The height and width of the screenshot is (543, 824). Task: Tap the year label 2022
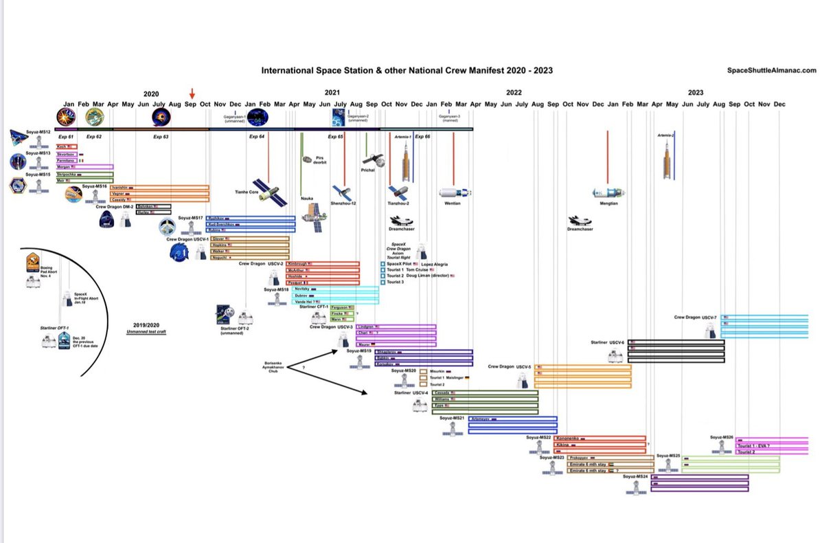(514, 92)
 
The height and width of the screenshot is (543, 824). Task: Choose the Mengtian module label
(608, 203)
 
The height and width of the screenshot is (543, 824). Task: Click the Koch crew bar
(67, 146)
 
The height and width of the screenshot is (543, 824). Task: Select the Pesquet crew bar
(323, 282)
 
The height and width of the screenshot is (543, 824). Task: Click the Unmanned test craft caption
(151, 332)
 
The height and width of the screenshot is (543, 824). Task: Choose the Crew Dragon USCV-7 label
(695, 318)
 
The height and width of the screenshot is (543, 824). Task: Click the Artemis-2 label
(665, 135)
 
